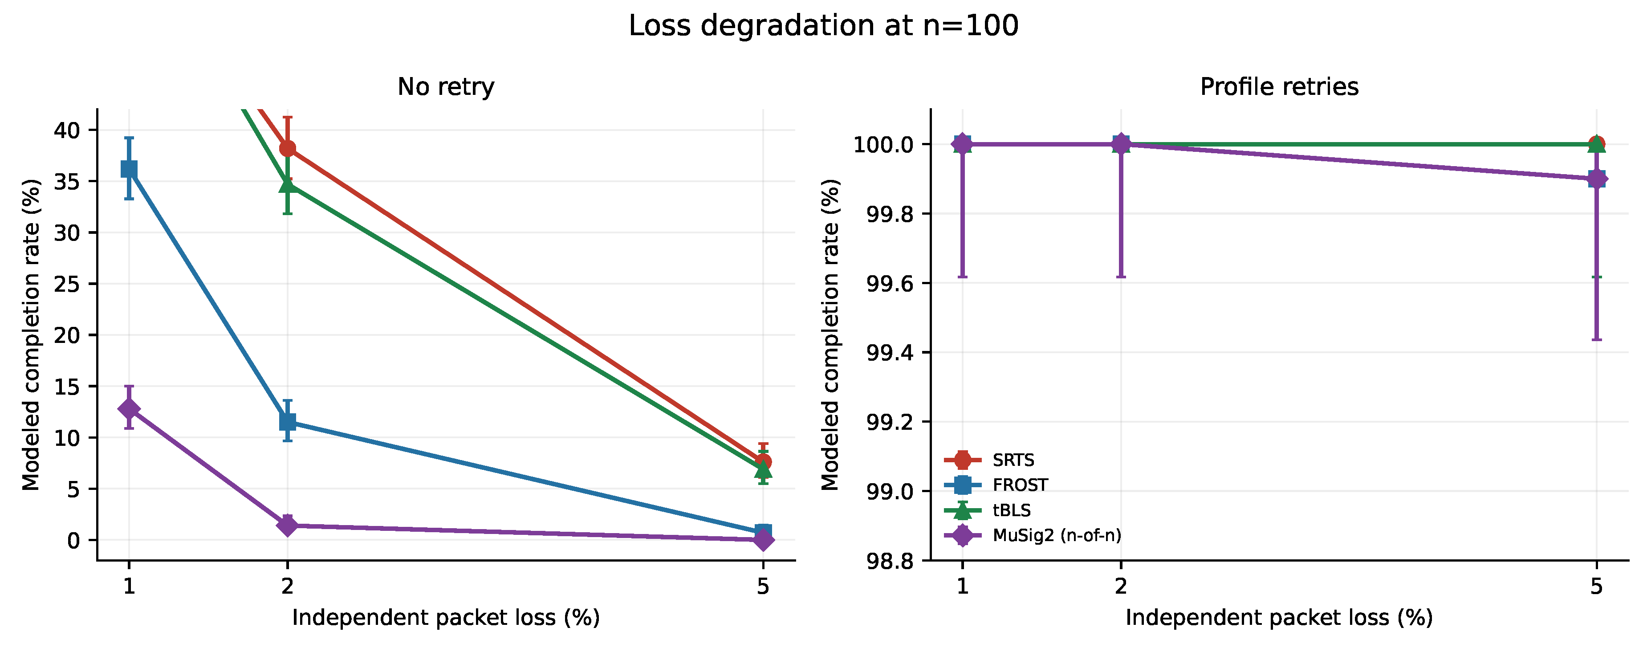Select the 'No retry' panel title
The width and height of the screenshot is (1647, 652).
(x=446, y=87)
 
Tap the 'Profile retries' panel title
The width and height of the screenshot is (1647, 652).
(x=1279, y=87)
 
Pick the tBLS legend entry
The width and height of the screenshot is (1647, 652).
(x=988, y=510)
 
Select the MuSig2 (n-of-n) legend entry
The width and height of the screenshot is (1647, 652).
(x=1033, y=535)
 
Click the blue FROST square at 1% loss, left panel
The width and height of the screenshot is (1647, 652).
(x=129, y=169)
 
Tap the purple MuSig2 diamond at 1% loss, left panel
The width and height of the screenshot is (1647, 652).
(x=129, y=408)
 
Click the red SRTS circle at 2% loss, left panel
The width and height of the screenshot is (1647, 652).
(x=288, y=149)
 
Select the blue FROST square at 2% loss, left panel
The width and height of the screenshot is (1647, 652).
(x=288, y=422)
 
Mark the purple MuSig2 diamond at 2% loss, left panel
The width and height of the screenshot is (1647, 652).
(x=288, y=526)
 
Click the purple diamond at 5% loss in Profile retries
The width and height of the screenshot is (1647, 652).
(x=1597, y=179)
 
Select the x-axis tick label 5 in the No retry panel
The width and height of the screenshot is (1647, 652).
(x=763, y=586)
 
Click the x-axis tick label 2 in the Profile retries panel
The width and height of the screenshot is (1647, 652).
(x=1121, y=586)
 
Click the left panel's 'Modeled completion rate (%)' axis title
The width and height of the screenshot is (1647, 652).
(x=31, y=335)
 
